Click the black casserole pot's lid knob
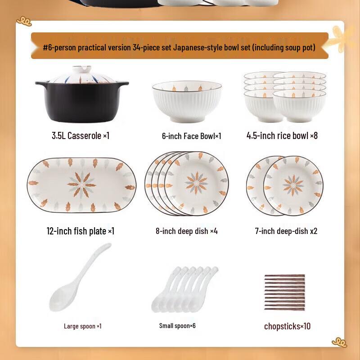click(82, 69)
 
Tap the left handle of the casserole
click(41, 83)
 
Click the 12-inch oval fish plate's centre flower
click(82, 185)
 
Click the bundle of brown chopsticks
click(284, 292)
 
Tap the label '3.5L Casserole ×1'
click(81, 136)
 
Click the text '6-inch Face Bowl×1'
click(192, 136)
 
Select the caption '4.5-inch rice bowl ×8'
click(282, 136)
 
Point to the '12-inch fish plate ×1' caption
click(81, 231)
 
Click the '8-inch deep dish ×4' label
click(187, 231)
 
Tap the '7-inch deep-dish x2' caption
click(286, 231)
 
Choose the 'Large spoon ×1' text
click(83, 326)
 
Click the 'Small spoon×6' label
click(177, 325)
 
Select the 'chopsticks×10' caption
click(287, 326)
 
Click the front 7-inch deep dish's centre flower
click(293, 185)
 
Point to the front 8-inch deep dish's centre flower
click(197, 183)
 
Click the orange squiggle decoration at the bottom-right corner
click(339, 342)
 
